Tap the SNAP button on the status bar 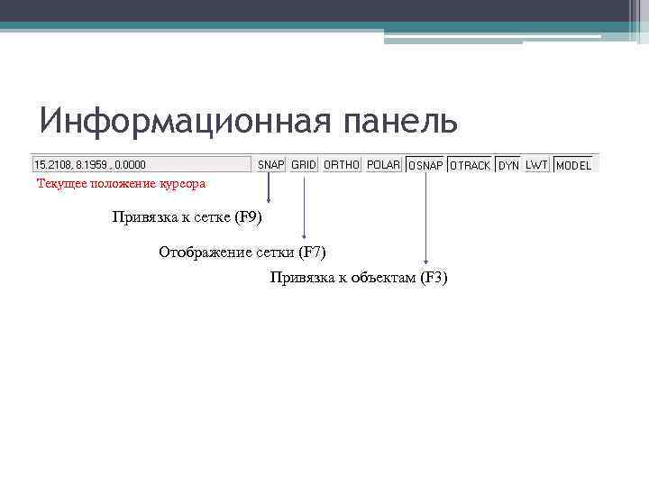(x=270, y=165)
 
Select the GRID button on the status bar (x=304, y=165)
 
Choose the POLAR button (x=384, y=165)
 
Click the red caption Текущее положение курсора (x=121, y=184)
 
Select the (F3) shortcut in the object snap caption (x=431, y=278)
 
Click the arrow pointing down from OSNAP (x=425, y=216)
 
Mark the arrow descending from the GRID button (x=304, y=207)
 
